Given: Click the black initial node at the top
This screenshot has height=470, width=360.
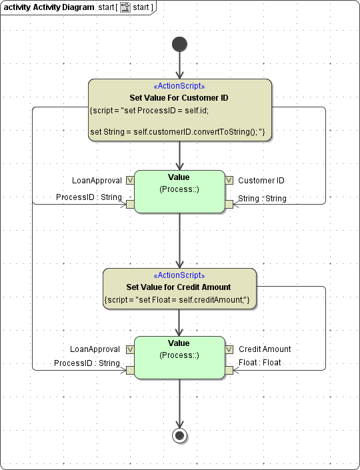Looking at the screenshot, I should click(179, 44).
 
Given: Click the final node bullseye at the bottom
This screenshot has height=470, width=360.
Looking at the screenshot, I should click(179, 435).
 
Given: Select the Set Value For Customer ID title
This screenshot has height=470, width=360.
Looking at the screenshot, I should click(179, 97).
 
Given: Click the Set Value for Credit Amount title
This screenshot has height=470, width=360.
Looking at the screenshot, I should click(179, 287).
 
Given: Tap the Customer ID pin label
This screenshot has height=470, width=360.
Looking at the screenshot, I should click(261, 181).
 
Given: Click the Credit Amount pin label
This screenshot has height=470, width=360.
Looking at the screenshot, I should click(265, 349).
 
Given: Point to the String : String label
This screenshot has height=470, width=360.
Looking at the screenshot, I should click(262, 198).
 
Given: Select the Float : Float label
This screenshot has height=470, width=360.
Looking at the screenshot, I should click(259, 363).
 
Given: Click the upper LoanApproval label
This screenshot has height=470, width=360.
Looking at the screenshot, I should click(97, 181).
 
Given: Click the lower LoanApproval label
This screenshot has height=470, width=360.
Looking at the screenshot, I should click(95, 349).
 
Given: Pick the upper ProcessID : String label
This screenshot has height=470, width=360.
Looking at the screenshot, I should click(89, 197).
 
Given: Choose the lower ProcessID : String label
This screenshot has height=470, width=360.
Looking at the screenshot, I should click(87, 363).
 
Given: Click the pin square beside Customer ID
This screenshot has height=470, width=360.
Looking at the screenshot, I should click(229, 180).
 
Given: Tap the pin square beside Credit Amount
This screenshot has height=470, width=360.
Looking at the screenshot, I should click(229, 349).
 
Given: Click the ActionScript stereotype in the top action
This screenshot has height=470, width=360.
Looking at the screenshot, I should click(179, 87).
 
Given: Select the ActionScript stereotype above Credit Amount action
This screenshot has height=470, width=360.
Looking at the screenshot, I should click(179, 276).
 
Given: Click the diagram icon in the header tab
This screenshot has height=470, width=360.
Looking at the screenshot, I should click(125, 7).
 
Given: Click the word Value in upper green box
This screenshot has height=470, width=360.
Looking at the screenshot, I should click(179, 177).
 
